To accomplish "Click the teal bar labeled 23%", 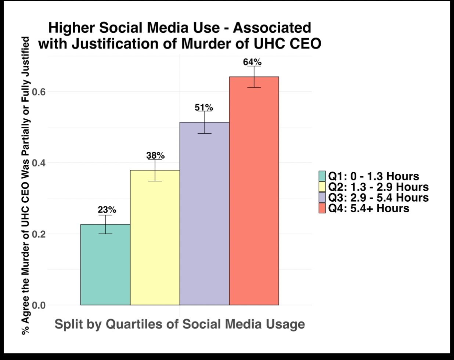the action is [105, 264].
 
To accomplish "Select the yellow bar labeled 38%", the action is [155, 238].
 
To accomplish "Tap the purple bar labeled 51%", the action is [205, 213].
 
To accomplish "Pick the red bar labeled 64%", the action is [254, 191].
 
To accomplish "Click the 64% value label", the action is [252, 62].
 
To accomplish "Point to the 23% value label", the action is [107, 210].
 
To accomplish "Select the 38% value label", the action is [155, 155].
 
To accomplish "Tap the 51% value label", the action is [204, 108].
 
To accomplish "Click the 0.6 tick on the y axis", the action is [39, 92].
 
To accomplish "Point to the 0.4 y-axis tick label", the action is [39, 163].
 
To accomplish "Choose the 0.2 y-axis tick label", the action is [39, 234].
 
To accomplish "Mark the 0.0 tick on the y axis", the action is [39, 305].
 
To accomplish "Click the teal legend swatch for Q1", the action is [322, 176].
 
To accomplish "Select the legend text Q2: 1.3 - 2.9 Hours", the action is [378, 187].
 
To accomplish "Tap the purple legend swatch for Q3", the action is [322, 197].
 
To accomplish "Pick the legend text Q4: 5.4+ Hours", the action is [369, 208].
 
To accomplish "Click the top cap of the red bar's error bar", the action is [254, 66].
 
